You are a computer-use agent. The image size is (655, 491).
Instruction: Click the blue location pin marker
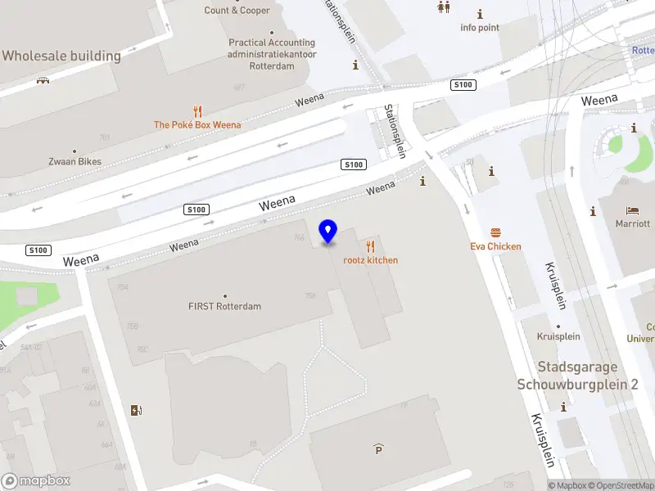tap(328, 232)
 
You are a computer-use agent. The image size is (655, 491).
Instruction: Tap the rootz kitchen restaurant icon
tap(371, 246)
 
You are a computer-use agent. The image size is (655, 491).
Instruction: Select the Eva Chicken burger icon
tap(495, 232)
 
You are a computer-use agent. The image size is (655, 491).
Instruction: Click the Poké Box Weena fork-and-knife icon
tap(197, 111)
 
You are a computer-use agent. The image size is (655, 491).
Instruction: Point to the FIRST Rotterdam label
tap(224, 306)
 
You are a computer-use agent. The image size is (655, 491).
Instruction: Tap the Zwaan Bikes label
tap(75, 161)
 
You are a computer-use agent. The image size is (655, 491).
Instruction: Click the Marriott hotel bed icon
tap(633, 210)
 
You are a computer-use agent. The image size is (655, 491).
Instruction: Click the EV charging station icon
tap(135, 410)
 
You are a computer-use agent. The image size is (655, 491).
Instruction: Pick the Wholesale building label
tap(61, 56)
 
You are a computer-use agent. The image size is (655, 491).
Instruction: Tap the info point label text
tap(480, 27)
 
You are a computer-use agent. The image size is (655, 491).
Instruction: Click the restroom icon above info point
tap(444, 7)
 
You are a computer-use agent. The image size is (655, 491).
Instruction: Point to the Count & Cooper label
tap(237, 11)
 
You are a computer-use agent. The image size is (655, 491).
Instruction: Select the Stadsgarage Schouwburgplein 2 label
tap(577, 376)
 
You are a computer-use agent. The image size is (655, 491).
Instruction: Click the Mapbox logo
tap(35, 481)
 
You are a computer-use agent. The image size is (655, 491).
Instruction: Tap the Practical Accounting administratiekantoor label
tap(272, 54)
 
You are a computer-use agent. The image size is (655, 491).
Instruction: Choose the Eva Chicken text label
tap(495, 246)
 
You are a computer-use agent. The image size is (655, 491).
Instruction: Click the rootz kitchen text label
tap(371, 260)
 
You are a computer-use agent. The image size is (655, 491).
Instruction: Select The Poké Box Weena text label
tap(197, 125)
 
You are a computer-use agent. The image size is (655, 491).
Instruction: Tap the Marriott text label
tap(633, 223)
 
